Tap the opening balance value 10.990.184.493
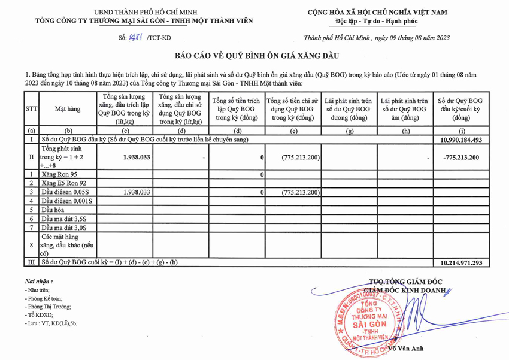(460, 140)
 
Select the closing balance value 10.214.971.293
(460, 262)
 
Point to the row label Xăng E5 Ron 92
(65, 183)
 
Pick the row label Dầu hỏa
(53, 210)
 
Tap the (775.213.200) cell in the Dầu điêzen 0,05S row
(300, 192)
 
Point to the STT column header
(31, 109)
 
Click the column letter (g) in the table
(349, 130)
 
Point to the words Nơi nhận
(38, 281)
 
